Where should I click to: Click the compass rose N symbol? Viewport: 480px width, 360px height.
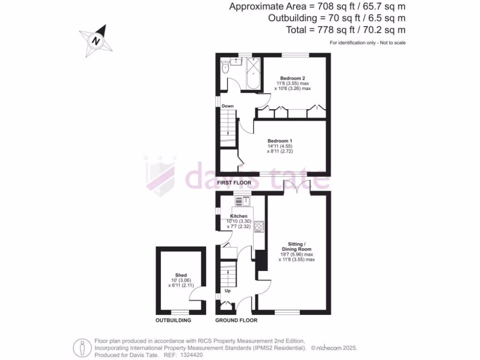pos(97,41)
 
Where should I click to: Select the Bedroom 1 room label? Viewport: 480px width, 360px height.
pos(280,141)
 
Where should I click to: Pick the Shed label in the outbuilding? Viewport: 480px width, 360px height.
pos(181,275)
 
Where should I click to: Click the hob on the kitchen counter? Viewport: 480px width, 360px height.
pos(259,226)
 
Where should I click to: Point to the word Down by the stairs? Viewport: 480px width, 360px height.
pos(228,106)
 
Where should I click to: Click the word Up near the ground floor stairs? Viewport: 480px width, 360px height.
pos(228,291)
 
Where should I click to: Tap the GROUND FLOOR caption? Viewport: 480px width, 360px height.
pos(236,321)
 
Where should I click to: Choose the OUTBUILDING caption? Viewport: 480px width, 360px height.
pos(173,321)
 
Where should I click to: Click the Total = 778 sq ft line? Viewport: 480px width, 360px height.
pos(345,30)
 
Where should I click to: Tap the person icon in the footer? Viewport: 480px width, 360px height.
pos(82,348)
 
